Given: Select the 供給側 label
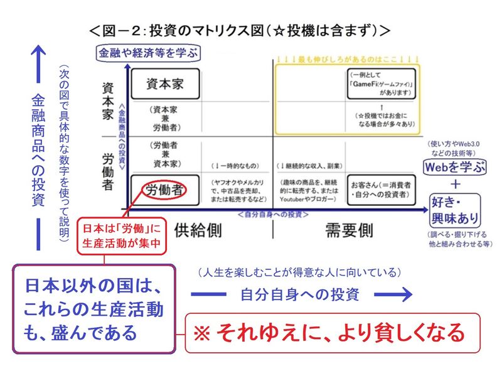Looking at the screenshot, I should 198,230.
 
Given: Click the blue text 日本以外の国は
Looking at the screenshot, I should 93,286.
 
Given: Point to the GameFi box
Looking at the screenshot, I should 381,83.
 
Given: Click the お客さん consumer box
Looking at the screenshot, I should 382,190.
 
